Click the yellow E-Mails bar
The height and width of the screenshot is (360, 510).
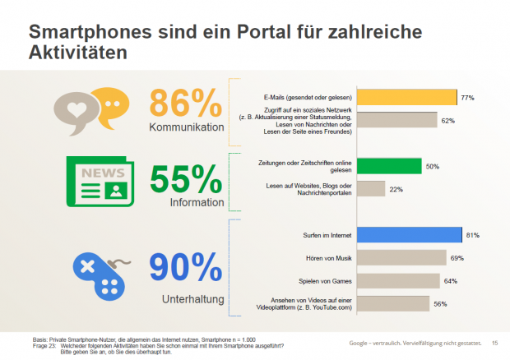pos(407,98)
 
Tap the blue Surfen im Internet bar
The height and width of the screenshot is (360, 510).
pos(410,236)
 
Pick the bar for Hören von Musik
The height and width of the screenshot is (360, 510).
pos(401,258)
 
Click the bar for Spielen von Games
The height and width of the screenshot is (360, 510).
pos(396,281)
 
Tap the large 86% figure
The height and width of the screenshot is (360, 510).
pos(186,103)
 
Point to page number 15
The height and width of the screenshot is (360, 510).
pos(494,343)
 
